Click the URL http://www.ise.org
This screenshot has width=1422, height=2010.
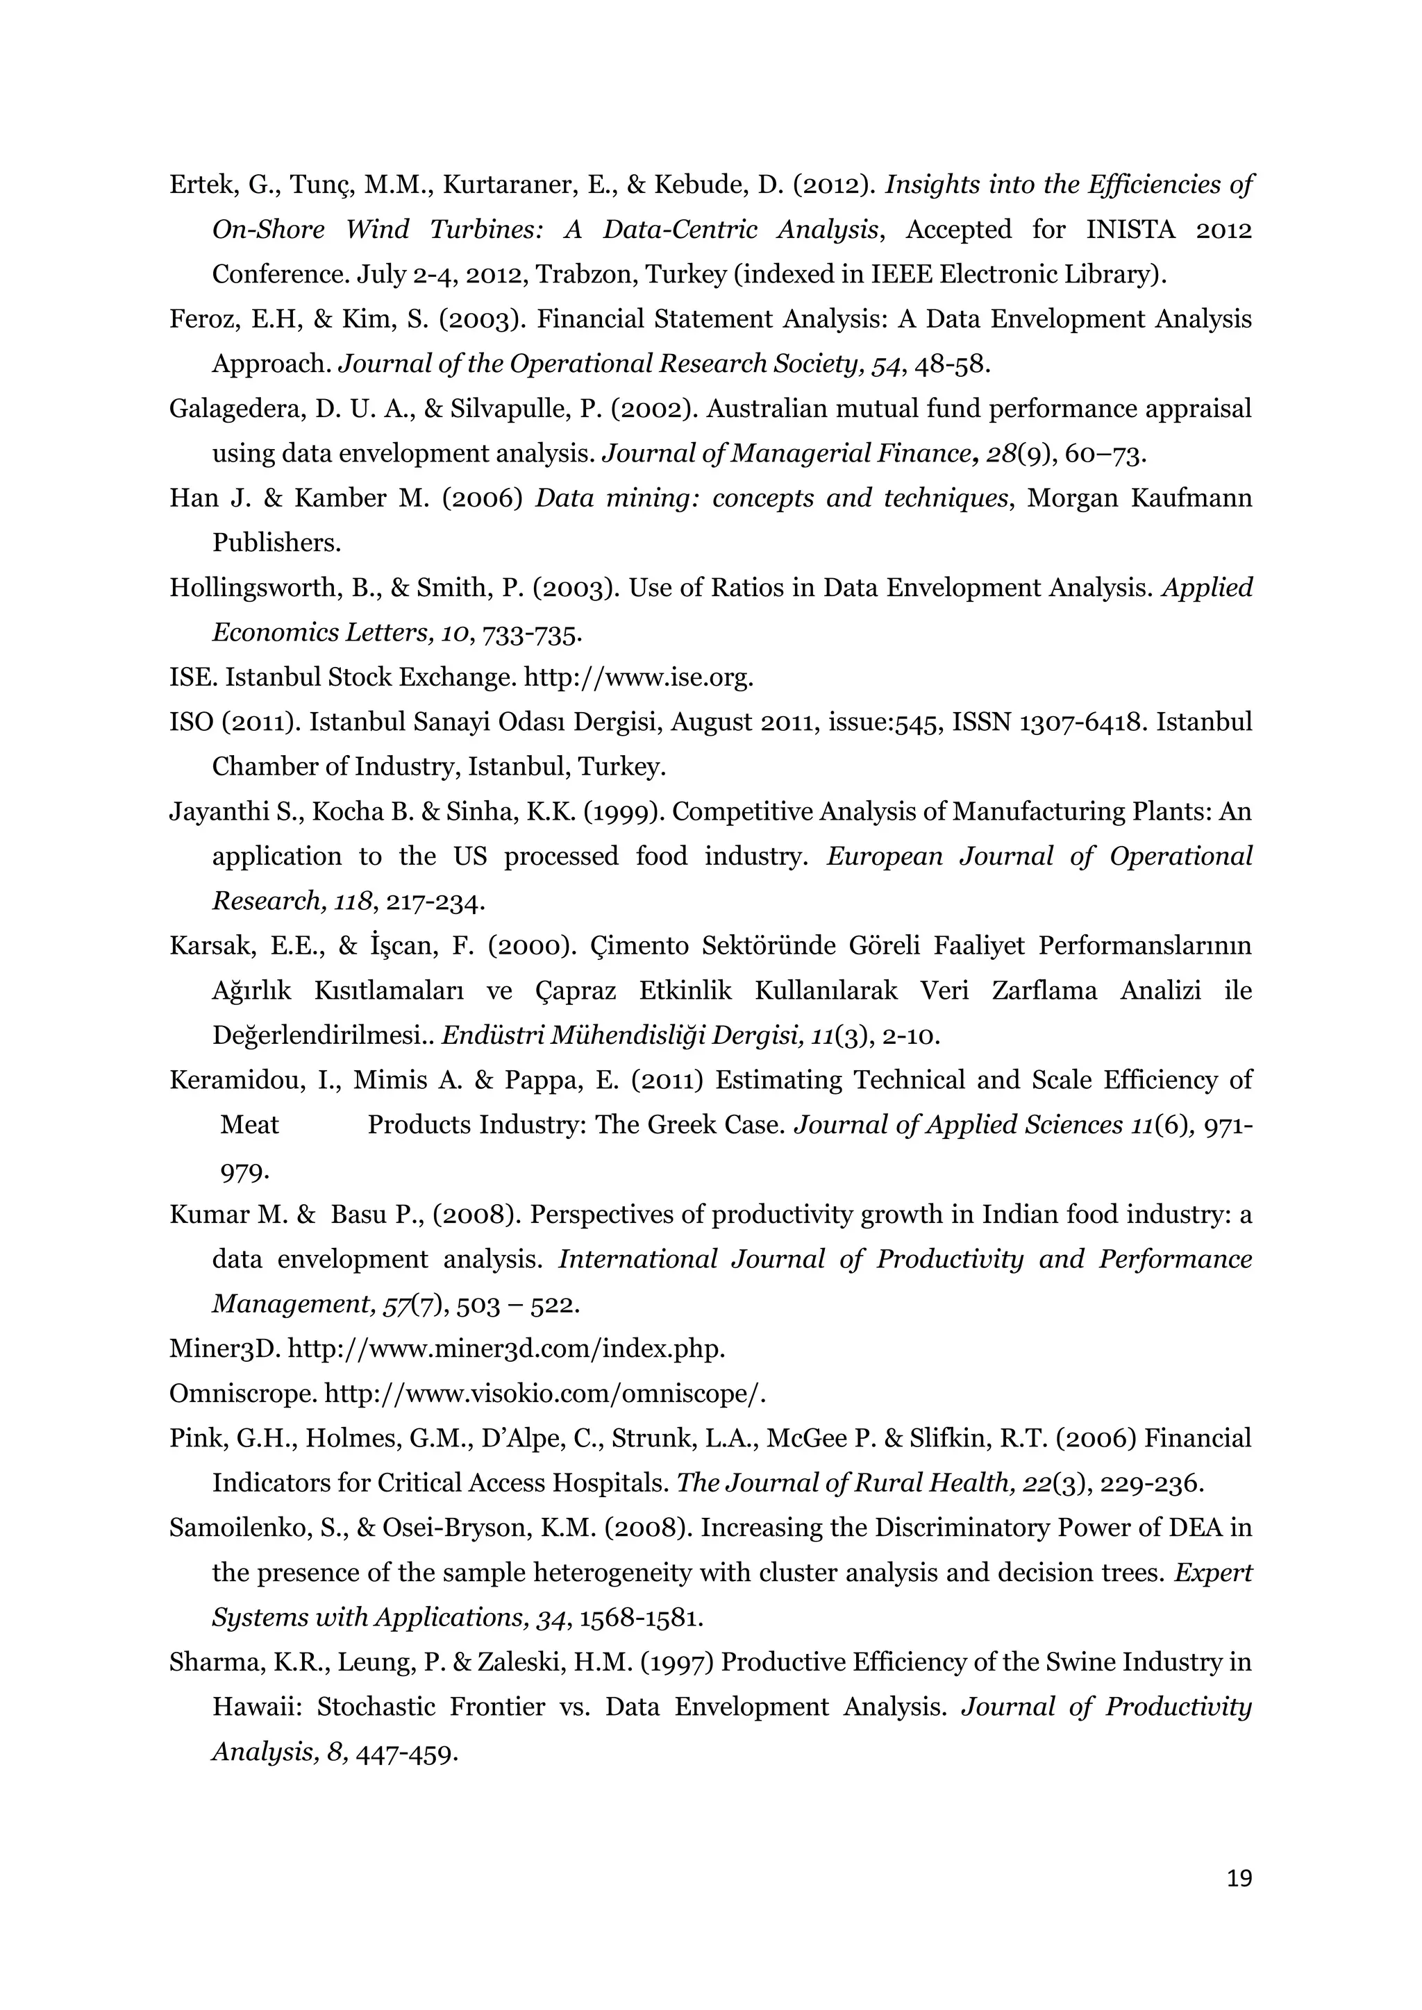click(637, 677)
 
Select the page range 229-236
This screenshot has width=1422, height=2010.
click(1151, 1484)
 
